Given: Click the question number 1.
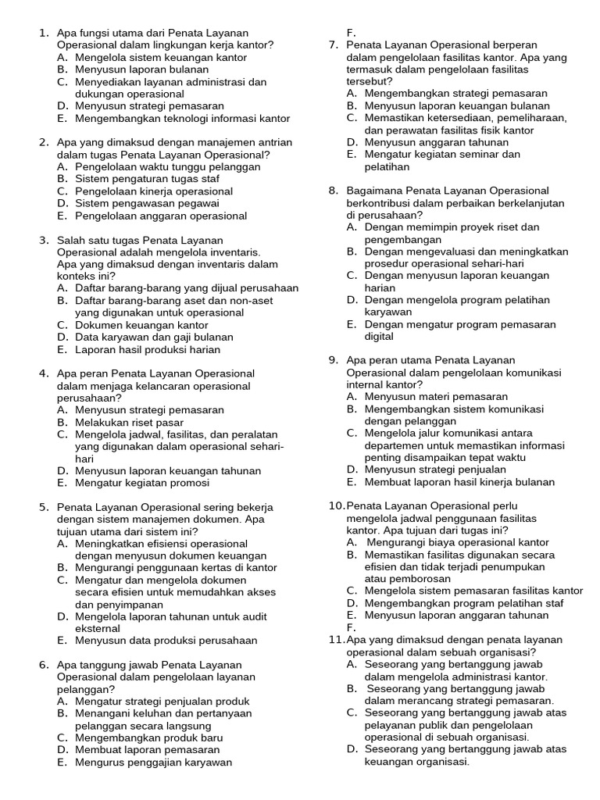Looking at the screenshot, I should (43, 33).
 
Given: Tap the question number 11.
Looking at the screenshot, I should (335, 639).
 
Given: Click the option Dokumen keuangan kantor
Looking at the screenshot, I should (141, 324).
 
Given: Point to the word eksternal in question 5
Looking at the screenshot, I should (98, 628).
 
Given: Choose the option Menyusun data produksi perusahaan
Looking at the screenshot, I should (166, 641).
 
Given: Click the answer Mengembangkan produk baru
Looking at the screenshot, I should (148, 737).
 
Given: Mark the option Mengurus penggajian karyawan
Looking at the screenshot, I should (153, 762).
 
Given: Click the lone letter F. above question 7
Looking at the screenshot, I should (352, 33).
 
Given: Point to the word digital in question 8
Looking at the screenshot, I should (379, 337).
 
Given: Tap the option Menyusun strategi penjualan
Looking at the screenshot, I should (435, 470).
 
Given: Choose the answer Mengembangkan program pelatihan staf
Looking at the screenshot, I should (464, 603).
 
